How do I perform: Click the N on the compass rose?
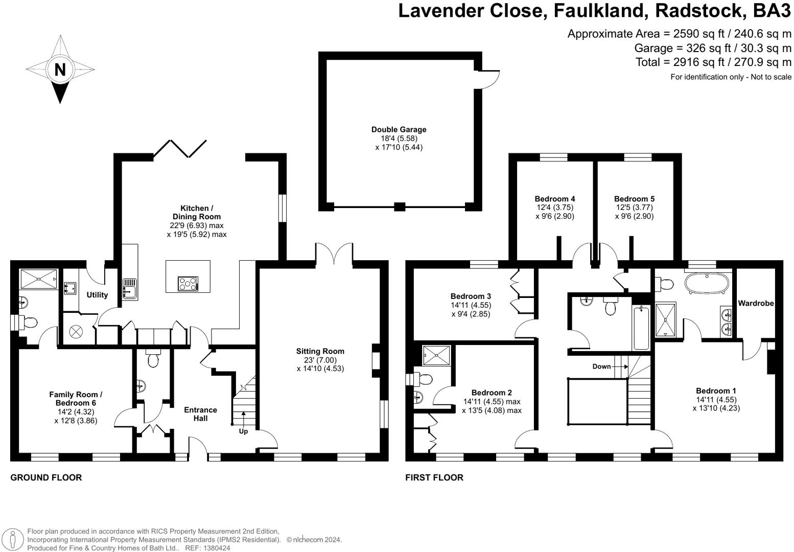(60, 70)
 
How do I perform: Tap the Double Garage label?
(399, 129)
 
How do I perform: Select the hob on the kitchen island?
(188, 284)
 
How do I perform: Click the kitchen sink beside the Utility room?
(130, 289)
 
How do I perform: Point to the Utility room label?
(97, 295)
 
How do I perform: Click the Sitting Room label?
(320, 351)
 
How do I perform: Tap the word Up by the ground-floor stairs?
(243, 431)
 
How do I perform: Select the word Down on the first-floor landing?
(601, 366)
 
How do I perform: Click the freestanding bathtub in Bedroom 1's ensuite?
(707, 284)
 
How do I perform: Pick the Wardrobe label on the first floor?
(756, 303)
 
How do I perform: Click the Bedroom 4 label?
(555, 198)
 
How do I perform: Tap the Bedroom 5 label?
(634, 198)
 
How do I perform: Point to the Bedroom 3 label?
(471, 296)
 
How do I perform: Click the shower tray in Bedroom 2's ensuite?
(436, 355)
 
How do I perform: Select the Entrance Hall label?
(200, 414)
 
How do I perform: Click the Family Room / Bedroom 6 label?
(76, 399)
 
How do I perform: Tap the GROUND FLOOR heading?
(46, 477)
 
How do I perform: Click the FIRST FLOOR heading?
(434, 477)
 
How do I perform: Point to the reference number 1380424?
(217, 548)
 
